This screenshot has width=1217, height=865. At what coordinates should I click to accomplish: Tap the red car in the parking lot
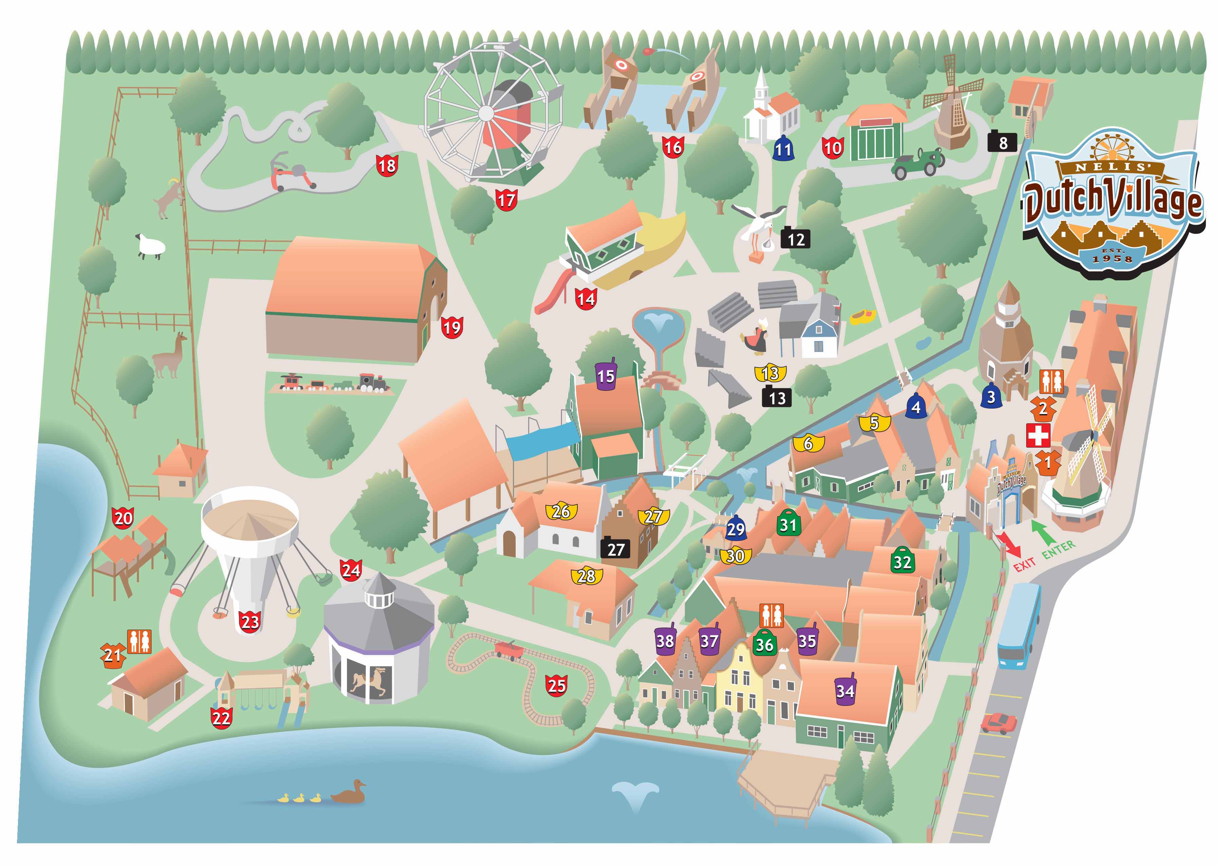click(x=998, y=723)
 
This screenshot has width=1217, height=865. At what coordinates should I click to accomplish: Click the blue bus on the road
click(x=1018, y=625)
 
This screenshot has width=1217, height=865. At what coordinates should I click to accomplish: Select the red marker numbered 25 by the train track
click(x=556, y=685)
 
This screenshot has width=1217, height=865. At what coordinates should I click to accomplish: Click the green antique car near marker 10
click(x=918, y=163)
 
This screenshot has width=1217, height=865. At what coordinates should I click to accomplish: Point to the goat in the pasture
click(x=169, y=198)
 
